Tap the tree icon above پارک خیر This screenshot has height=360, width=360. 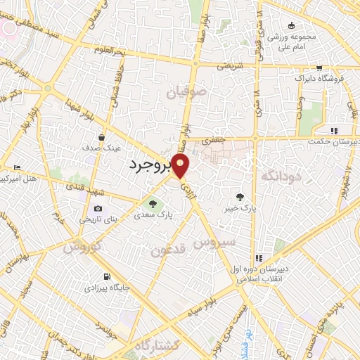click(240, 197)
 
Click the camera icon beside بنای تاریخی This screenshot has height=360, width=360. click(97, 209)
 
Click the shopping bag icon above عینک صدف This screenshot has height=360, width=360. click(103, 137)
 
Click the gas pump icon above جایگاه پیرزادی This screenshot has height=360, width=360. click(106, 276)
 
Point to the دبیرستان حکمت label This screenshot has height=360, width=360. click(333, 141)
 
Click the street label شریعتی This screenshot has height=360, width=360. click(230, 65)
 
